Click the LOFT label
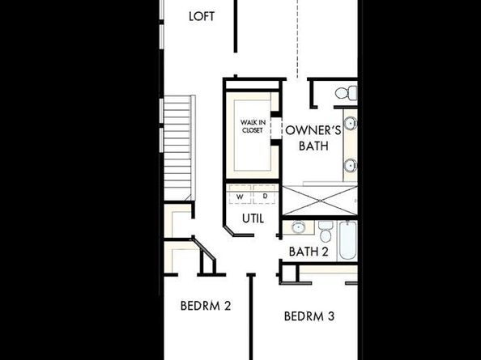(x=202, y=15)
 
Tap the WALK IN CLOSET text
(x=252, y=125)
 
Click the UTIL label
(x=253, y=218)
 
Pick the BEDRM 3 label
(x=309, y=316)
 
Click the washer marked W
(x=240, y=196)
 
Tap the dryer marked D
(x=264, y=196)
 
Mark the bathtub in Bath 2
(x=347, y=239)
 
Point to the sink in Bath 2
(x=298, y=227)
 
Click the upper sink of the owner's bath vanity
(x=351, y=125)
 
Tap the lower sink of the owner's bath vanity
(x=351, y=165)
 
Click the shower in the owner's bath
(x=318, y=199)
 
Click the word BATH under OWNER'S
(x=313, y=146)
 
